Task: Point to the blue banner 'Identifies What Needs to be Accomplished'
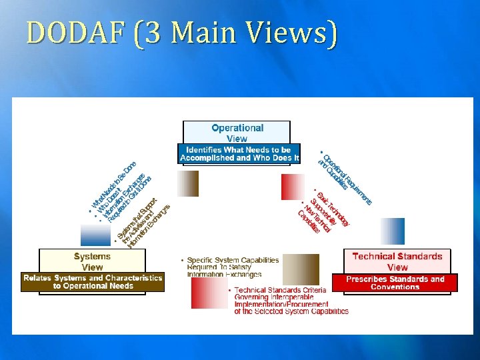pyautogui.click(x=239, y=154)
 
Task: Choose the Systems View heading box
pyautogui.click(x=92, y=261)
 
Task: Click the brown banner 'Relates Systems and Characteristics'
pyautogui.click(x=93, y=282)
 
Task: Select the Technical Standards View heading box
pyautogui.click(x=397, y=261)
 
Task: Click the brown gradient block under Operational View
pyautogui.click(x=188, y=183)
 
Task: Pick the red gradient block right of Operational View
pyautogui.click(x=292, y=187)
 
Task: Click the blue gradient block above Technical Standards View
pyautogui.click(x=392, y=231)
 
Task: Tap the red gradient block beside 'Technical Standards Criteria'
pyautogui.click(x=209, y=293)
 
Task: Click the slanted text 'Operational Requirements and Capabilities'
pyautogui.click(x=345, y=175)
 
